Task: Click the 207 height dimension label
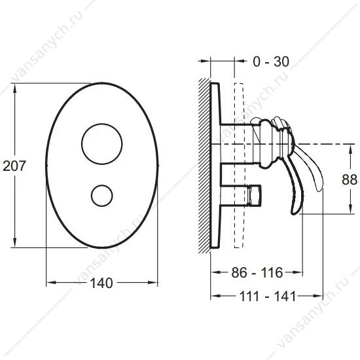point(14,166)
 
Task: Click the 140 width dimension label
point(101,283)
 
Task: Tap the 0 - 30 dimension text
point(271,62)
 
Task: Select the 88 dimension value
point(350,179)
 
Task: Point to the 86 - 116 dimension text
point(257,272)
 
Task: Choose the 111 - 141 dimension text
point(268,296)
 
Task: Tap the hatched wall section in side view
point(204,166)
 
